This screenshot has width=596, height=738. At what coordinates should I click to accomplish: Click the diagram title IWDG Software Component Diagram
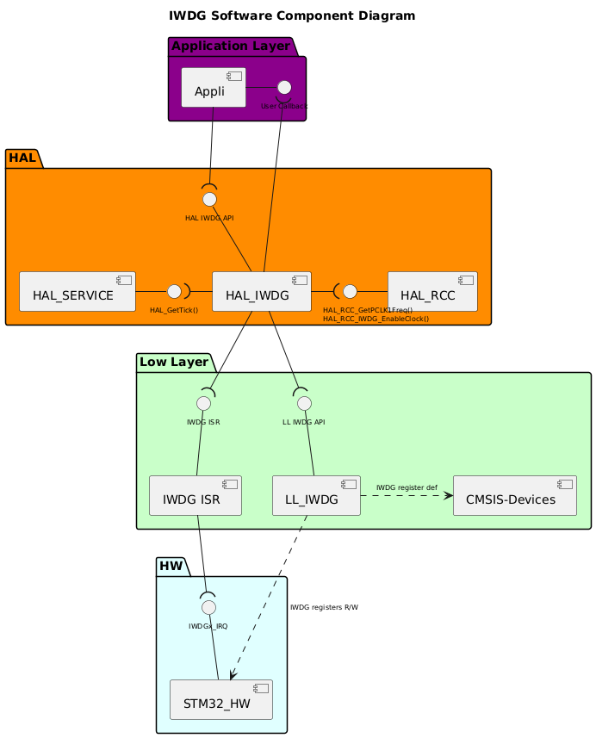(292, 16)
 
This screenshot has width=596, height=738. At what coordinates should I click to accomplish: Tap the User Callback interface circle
(284, 87)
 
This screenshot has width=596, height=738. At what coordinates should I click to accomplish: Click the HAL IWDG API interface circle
(209, 199)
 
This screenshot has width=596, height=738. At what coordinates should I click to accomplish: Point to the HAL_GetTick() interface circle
(174, 291)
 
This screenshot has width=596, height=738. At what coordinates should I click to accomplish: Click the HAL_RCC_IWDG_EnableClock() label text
(376, 319)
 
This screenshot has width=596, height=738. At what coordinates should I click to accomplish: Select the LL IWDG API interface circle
(303, 403)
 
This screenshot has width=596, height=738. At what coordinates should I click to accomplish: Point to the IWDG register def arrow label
(407, 487)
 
